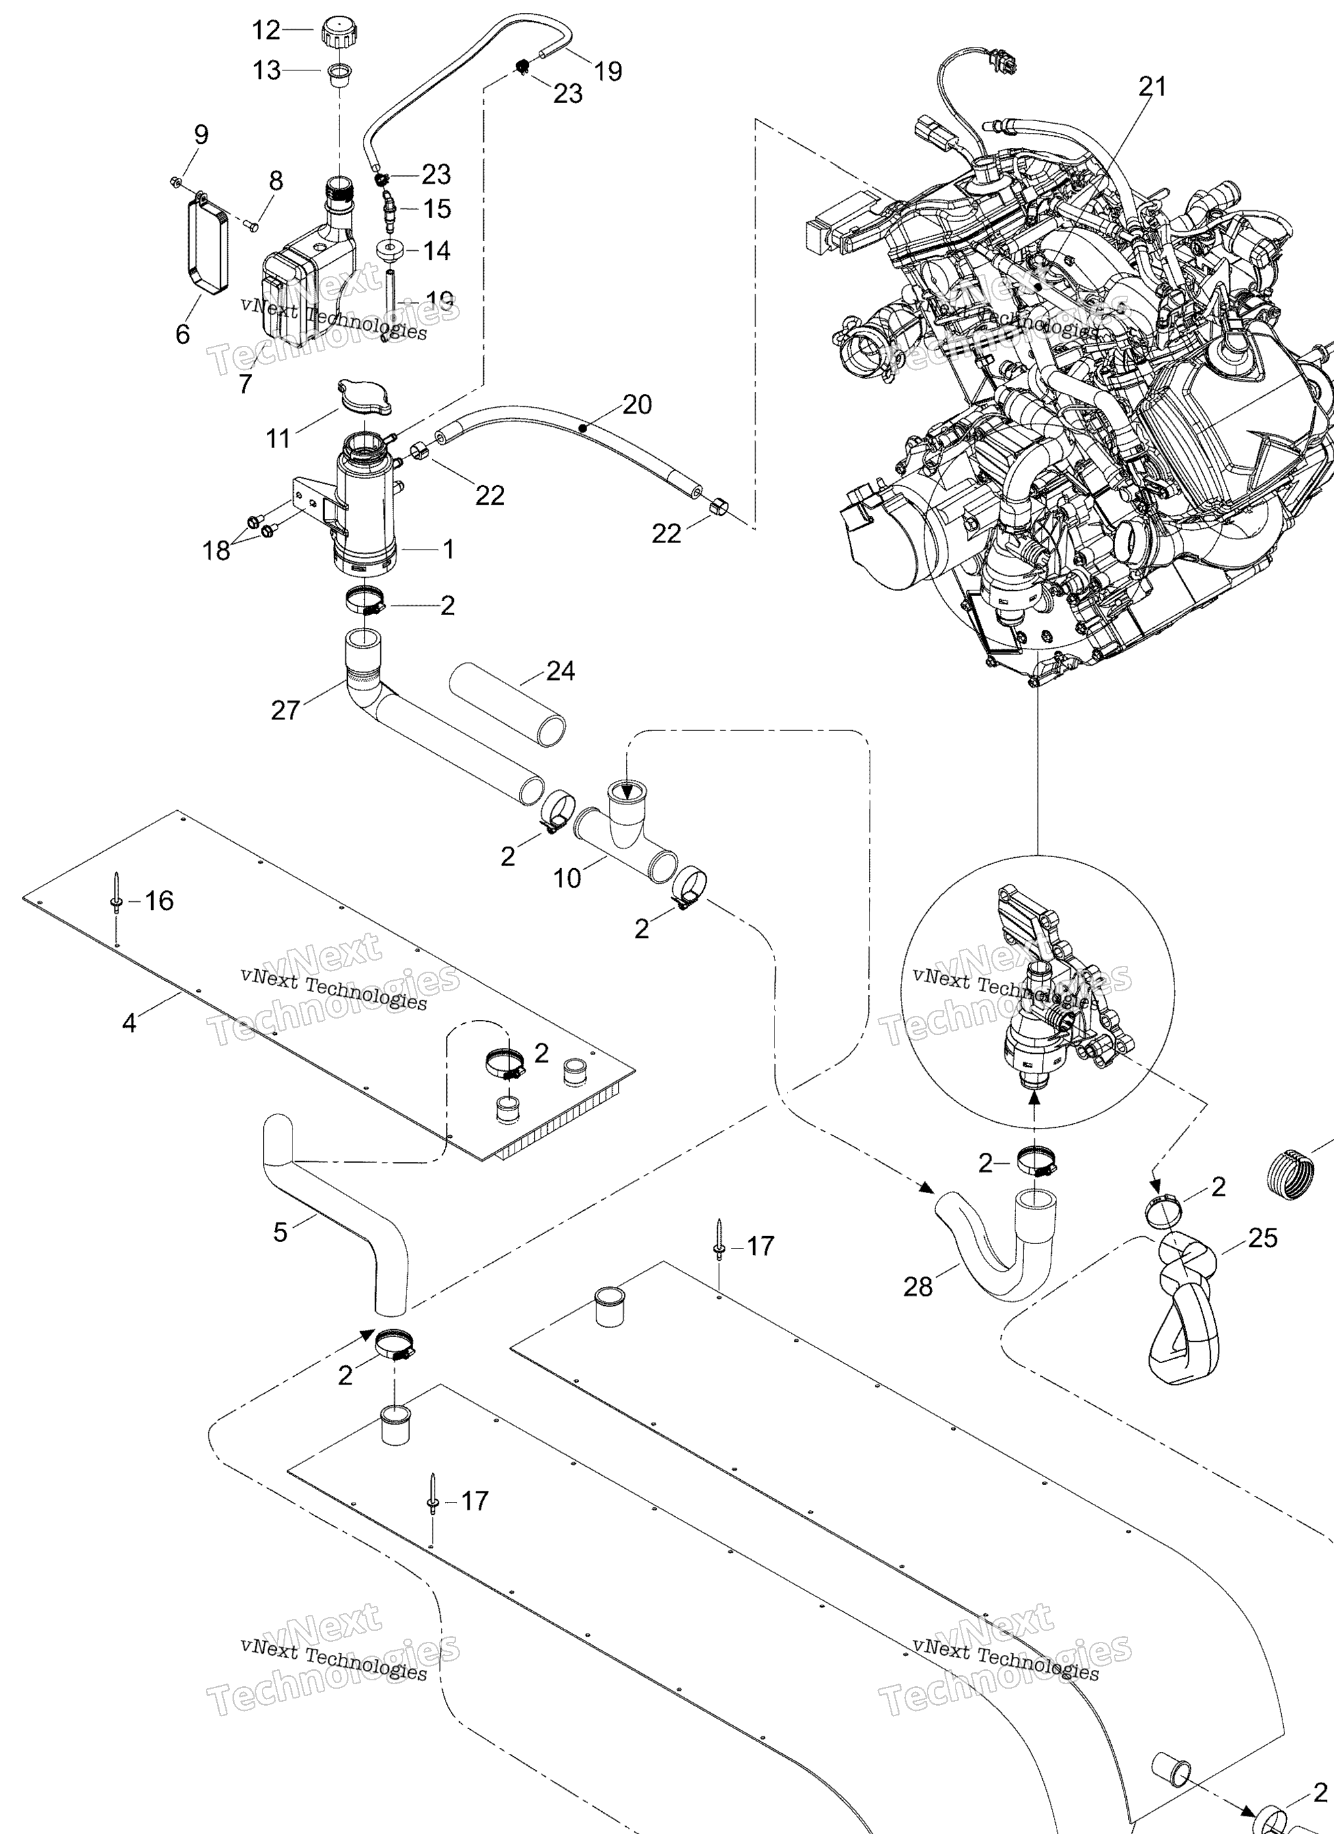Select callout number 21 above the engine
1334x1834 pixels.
[x=1152, y=86]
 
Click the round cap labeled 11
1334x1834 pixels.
[x=365, y=397]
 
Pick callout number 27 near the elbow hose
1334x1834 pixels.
[x=285, y=710]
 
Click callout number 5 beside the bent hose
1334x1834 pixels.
[x=280, y=1232]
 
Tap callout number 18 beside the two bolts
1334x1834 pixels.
[x=216, y=551]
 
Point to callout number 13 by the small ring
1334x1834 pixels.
[x=266, y=70]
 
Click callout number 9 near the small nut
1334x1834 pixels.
[x=201, y=134]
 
